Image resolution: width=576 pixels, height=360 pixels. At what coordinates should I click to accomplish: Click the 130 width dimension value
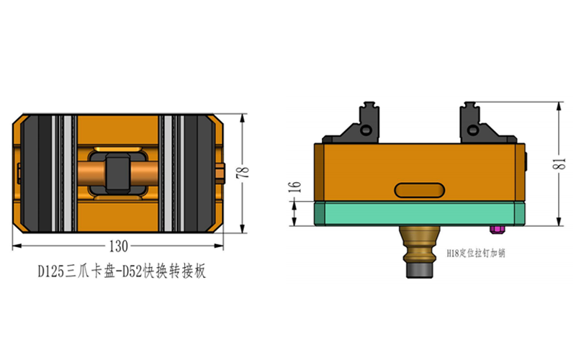[119, 246]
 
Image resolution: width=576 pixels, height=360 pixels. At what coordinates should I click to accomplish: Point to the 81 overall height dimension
[556, 163]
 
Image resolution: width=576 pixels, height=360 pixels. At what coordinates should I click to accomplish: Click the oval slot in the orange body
[419, 190]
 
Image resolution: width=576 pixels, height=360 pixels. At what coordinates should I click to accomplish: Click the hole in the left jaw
[367, 130]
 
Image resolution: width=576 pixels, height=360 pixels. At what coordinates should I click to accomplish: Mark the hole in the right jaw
[472, 130]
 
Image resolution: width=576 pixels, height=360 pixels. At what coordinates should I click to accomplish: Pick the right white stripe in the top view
[168, 173]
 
